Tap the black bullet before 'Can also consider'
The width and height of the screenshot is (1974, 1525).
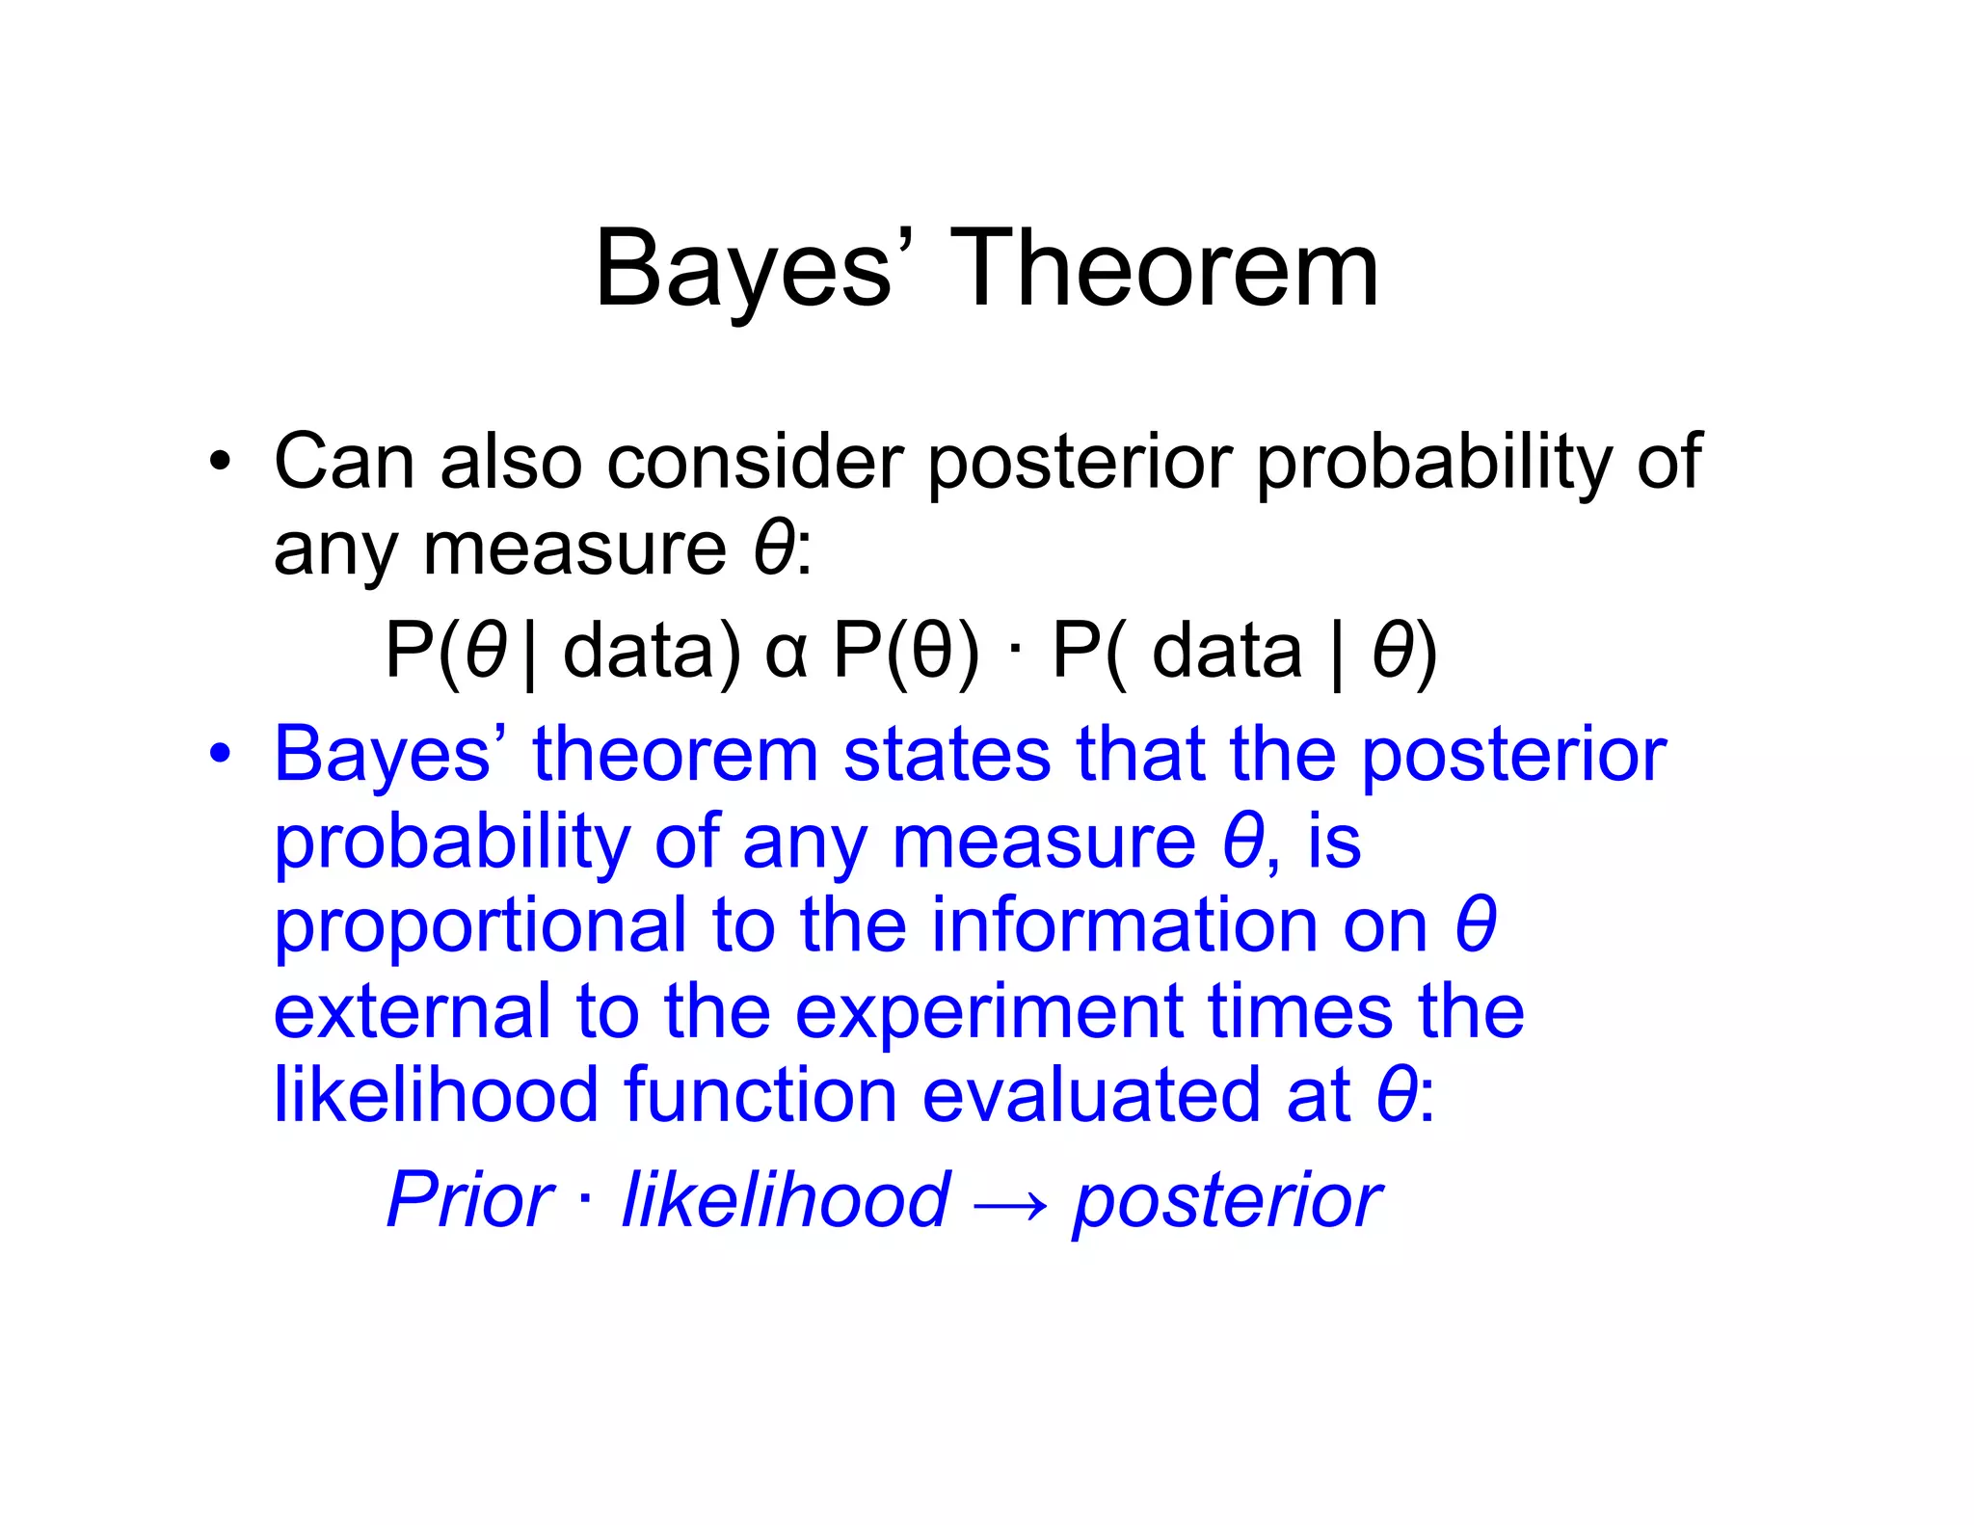(x=221, y=462)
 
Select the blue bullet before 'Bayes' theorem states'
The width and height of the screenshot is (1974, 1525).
(x=221, y=754)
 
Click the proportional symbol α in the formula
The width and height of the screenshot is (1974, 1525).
(x=786, y=653)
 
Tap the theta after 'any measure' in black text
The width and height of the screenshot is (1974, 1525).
(x=774, y=548)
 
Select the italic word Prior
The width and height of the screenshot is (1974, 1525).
(x=469, y=1200)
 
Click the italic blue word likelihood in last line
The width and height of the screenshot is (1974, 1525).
(x=786, y=1200)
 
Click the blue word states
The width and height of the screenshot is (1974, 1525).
(x=947, y=754)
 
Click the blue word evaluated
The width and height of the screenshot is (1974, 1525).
(x=1090, y=1095)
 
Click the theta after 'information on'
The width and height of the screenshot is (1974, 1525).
(x=1476, y=924)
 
